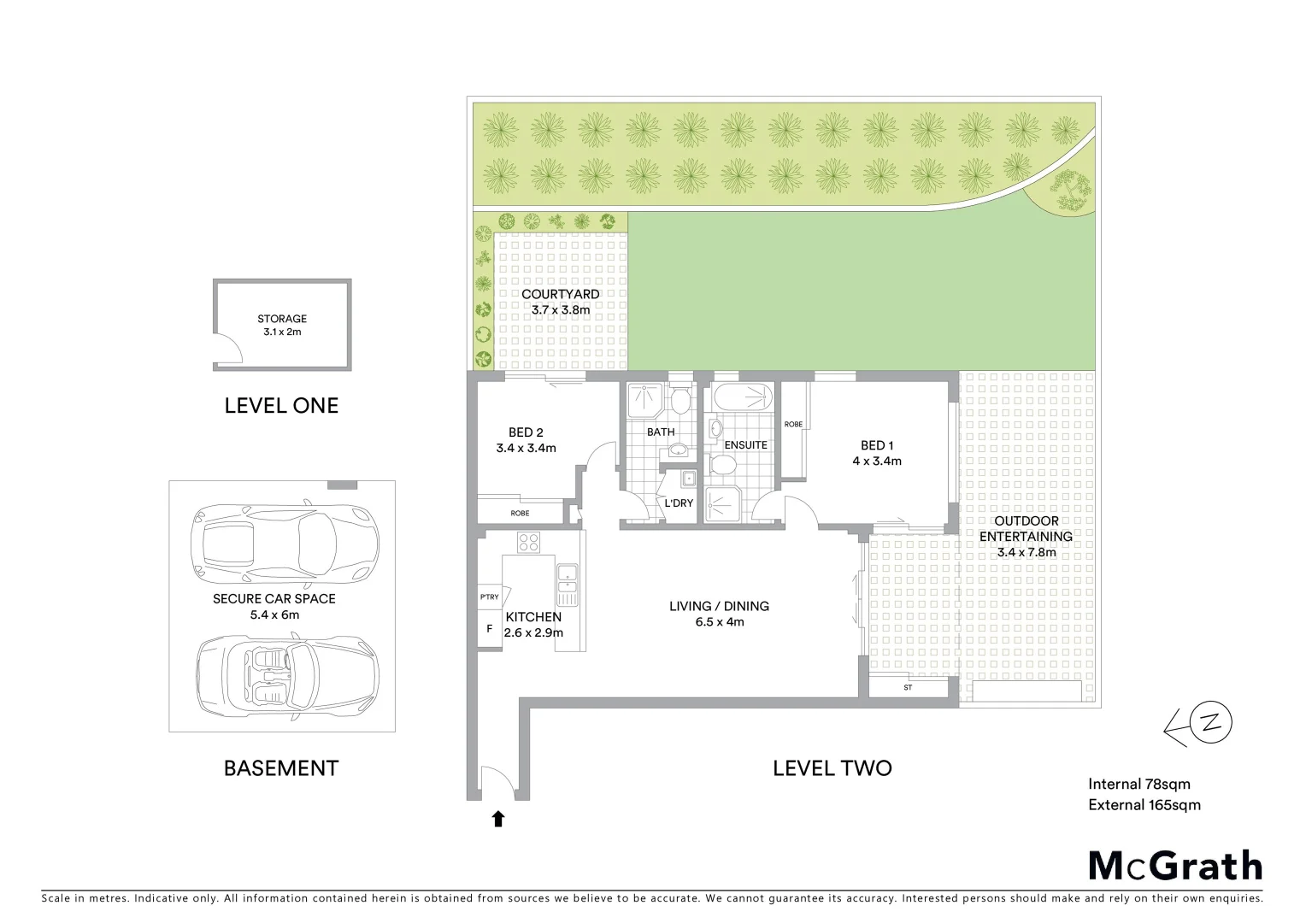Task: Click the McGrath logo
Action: coord(1175,866)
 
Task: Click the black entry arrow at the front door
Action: coord(497,820)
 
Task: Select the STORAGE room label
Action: coord(282,319)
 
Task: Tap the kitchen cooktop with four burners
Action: coord(528,542)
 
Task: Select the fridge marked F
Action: coord(490,628)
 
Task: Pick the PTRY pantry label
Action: coord(489,597)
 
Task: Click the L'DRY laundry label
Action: coord(679,503)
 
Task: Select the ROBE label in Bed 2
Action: coord(520,513)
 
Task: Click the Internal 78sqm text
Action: coord(1138,784)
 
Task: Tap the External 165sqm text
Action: coord(1144,804)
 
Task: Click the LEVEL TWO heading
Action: coord(832,767)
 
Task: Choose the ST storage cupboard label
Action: coord(908,687)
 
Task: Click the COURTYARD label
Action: coord(560,294)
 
